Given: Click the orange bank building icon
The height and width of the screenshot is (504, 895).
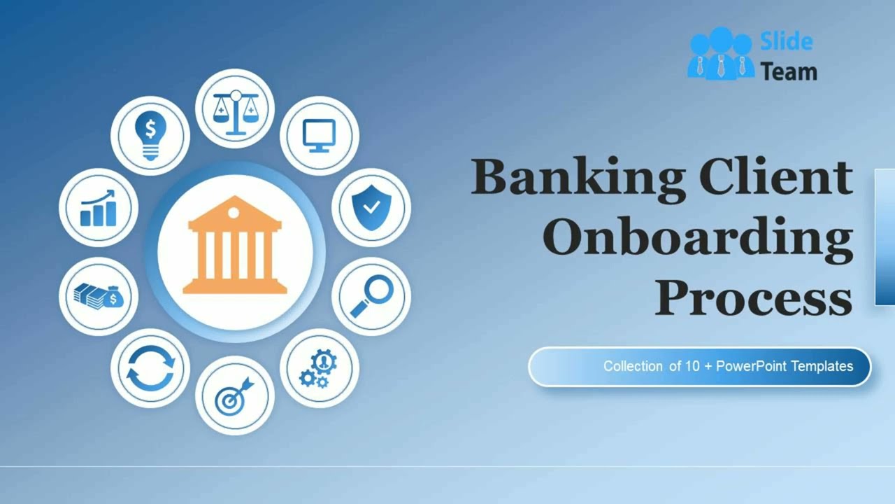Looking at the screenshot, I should (235, 246).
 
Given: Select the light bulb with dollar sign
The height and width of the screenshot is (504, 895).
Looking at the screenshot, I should (150, 135).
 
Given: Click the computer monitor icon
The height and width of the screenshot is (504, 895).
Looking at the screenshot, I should (320, 135).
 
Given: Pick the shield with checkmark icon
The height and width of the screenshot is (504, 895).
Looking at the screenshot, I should (371, 207).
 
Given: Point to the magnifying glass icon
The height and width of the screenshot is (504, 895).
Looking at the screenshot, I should (371, 296).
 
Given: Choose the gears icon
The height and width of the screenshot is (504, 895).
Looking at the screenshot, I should (319, 368).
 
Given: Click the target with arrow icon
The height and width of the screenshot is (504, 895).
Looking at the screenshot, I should (234, 395).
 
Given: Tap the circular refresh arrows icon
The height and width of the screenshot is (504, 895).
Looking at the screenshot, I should (150, 368).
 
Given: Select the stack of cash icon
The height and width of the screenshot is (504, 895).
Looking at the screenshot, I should (98, 296).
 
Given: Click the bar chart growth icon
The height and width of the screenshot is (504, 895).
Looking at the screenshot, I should (98, 208).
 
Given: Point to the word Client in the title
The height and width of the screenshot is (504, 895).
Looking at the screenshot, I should (775, 177).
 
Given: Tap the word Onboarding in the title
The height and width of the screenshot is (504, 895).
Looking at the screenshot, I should (697, 239).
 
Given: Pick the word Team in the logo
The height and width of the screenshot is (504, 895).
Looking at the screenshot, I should (789, 71).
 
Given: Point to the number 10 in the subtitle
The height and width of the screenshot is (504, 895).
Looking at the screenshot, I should (692, 366).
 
